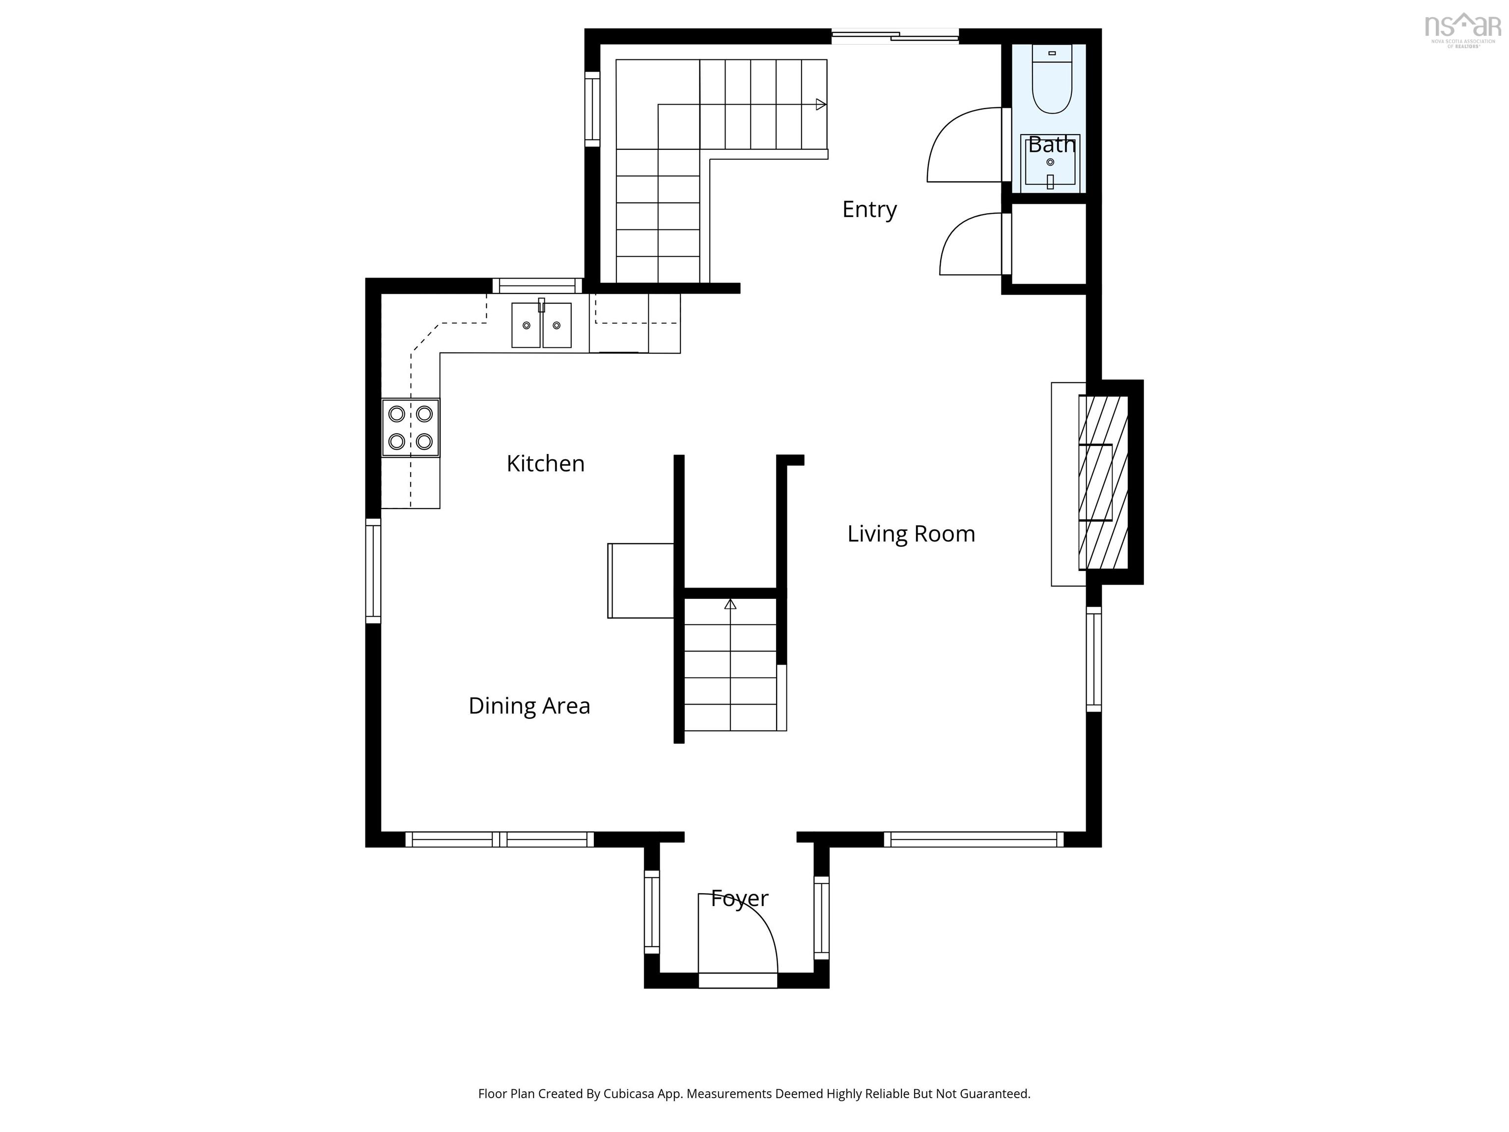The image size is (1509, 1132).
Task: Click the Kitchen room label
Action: pos(545,464)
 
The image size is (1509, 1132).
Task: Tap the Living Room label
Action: pos(911,534)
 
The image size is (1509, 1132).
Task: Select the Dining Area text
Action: pos(530,706)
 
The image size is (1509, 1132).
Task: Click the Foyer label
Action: pos(739,899)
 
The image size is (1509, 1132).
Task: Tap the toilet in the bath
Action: pos(1052,79)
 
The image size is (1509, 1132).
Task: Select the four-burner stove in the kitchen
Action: pos(410,428)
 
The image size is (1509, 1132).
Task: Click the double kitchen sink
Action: pos(542,325)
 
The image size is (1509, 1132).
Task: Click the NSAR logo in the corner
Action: pos(1463,30)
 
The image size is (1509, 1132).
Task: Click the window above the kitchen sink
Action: pos(537,286)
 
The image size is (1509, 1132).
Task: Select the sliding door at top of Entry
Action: pos(895,36)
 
